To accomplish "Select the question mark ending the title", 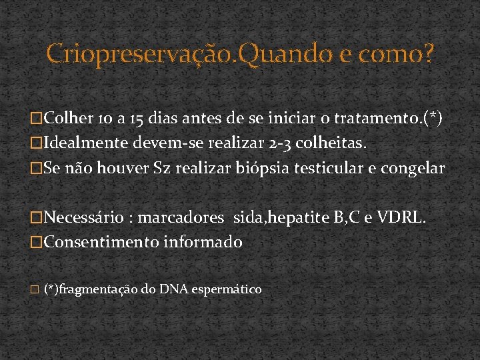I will click(x=427, y=53).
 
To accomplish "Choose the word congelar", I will click(x=414, y=168).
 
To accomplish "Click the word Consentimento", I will click(x=101, y=242).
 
